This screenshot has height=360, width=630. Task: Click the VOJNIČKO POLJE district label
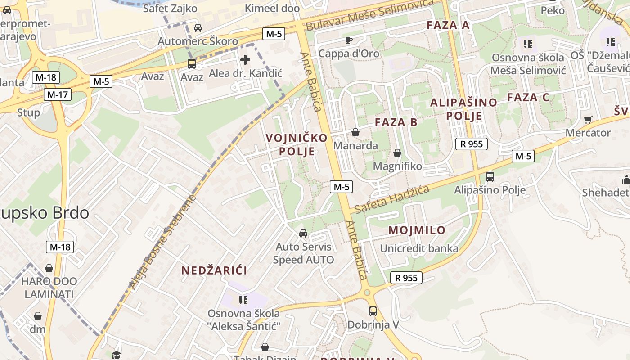(x=297, y=144)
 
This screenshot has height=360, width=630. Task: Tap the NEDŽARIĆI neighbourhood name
(x=214, y=270)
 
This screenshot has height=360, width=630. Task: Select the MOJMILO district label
(x=417, y=230)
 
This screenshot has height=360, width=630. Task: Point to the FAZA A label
(x=448, y=25)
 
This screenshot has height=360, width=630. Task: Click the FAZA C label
(x=528, y=97)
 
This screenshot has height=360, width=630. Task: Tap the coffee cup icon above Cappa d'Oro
(x=348, y=40)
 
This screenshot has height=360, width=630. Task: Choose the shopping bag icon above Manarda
(x=355, y=132)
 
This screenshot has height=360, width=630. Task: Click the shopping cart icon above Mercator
(x=588, y=120)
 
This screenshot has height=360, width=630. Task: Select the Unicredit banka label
(x=419, y=248)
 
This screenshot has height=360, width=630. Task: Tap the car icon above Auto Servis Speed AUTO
(x=303, y=234)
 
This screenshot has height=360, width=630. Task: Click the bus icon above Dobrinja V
(x=373, y=311)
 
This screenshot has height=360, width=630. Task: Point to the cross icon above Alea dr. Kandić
(x=245, y=59)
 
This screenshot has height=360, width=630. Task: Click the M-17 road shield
(x=58, y=94)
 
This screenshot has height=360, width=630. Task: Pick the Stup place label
(x=28, y=112)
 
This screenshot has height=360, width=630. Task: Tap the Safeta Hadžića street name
(x=391, y=200)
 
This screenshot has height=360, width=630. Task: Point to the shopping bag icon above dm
(x=38, y=316)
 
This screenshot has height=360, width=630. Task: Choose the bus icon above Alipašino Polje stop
(x=490, y=177)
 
